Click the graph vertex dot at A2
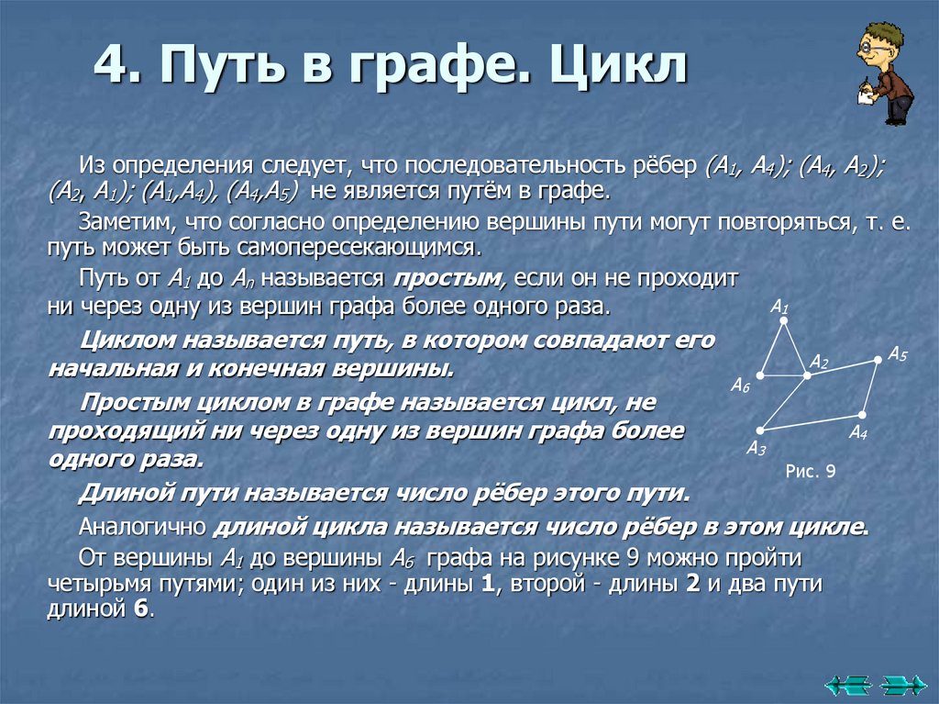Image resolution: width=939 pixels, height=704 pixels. tap(806, 374)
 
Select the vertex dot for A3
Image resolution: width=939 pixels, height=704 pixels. tap(759, 430)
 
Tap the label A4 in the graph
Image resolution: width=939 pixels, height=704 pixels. tap(857, 432)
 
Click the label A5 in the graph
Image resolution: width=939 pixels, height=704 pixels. tap(897, 354)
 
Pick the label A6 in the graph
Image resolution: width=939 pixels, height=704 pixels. tap(740, 386)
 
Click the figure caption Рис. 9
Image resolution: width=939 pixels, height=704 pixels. tap(811, 472)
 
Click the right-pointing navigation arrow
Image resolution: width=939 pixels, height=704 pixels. tap(902, 683)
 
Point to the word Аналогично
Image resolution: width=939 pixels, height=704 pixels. tap(143, 527)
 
